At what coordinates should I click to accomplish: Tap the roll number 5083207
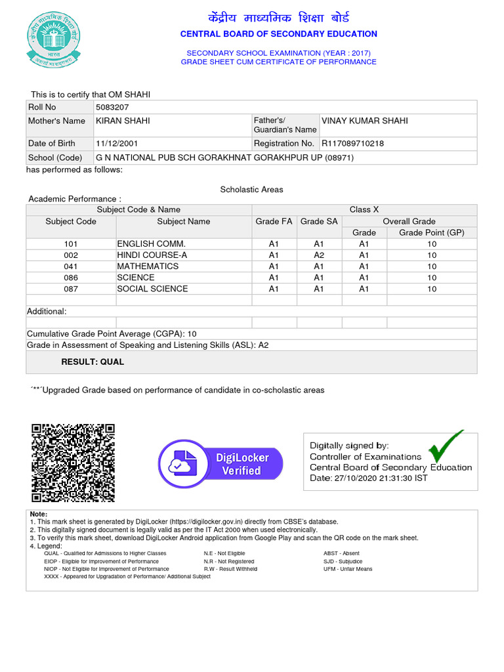coord(112,107)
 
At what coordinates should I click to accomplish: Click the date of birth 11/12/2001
coord(117,143)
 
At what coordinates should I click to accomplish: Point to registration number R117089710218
coord(352,143)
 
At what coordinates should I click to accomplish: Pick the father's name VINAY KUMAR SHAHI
coord(364,121)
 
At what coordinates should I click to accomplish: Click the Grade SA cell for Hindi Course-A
coord(319,255)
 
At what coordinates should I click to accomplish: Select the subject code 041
coord(71,266)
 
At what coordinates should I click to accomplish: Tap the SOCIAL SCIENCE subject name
coord(152,289)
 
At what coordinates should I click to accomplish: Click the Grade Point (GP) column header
coord(431,232)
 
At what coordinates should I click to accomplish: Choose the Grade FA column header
coord(274,222)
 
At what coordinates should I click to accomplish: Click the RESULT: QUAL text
coord(93,362)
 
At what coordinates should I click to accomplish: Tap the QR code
coord(73,463)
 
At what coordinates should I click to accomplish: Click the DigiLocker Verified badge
coord(220,463)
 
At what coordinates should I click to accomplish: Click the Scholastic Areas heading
coord(251,190)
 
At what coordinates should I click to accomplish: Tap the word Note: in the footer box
coord(39,514)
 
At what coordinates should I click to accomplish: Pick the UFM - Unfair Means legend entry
coord(348,569)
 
